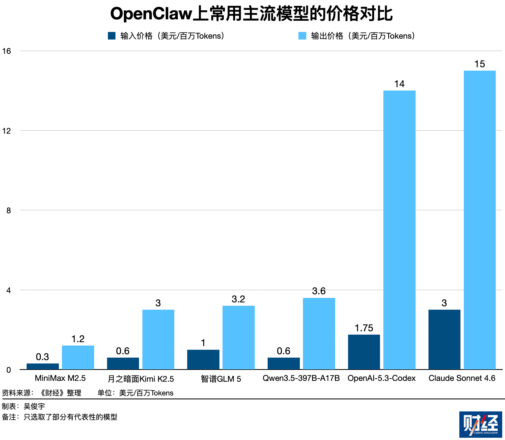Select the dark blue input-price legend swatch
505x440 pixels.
tap(112, 36)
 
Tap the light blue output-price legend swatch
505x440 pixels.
tap(302, 36)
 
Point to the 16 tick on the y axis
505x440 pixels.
tap(6, 51)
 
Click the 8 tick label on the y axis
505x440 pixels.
tap(8, 210)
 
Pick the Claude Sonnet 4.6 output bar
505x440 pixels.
tap(479, 220)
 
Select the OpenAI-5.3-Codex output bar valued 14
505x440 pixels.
tap(399, 230)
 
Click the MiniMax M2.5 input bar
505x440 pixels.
tap(43, 366)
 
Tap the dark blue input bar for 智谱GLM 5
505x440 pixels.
tap(203, 359)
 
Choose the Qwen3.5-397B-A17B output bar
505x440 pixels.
tap(319, 334)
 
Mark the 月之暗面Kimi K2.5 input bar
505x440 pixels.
tap(123, 363)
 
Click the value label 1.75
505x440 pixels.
tap(364, 328)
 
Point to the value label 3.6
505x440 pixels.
tap(319, 291)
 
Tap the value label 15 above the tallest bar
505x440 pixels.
tap(479, 64)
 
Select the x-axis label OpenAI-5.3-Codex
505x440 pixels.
tap(381, 378)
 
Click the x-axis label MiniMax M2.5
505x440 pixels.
tap(60, 378)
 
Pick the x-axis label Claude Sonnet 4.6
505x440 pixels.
tap(462, 378)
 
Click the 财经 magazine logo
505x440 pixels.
tap(480, 424)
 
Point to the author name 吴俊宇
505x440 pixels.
tap(34, 406)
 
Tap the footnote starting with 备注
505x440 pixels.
tap(59, 417)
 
